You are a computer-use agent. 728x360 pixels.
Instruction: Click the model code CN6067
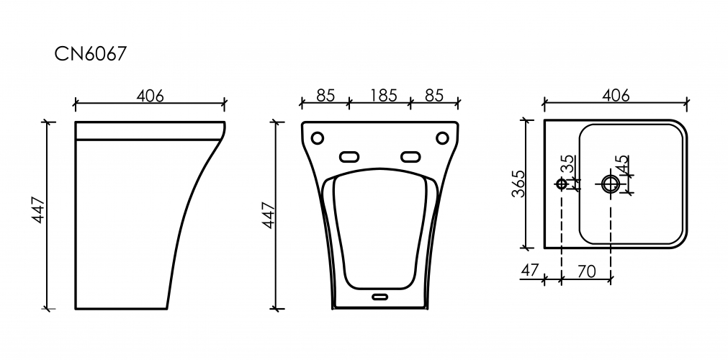point(90,54)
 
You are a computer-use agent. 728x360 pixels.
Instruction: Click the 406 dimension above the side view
point(150,96)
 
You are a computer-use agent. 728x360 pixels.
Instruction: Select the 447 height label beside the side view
point(38,210)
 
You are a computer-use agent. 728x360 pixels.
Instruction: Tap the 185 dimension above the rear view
point(384,95)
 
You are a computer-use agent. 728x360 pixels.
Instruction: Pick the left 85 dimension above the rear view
point(325,95)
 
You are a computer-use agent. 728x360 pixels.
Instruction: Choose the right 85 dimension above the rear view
point(435,95)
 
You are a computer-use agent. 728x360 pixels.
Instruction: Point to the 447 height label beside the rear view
point(269,215)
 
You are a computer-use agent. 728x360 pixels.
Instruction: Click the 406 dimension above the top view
point(616,95)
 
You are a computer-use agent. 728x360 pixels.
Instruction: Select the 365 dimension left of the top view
point(518,184)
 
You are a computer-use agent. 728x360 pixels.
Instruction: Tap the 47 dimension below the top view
point(529,270)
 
